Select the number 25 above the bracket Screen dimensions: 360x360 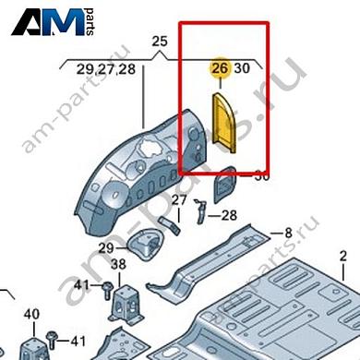click(x=158, y=42)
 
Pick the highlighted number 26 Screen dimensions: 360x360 click(x=219, y=68)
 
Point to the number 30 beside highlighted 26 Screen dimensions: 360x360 click(x=242, y=68)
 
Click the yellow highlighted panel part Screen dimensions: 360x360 click(x=226, y=119)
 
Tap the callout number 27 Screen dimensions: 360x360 click(x=179, y=200)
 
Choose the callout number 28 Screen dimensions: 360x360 click(x=229, y=216)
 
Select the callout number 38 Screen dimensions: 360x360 click(x=118, y=265)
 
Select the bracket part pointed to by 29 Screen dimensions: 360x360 click(x=144, y=246)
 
